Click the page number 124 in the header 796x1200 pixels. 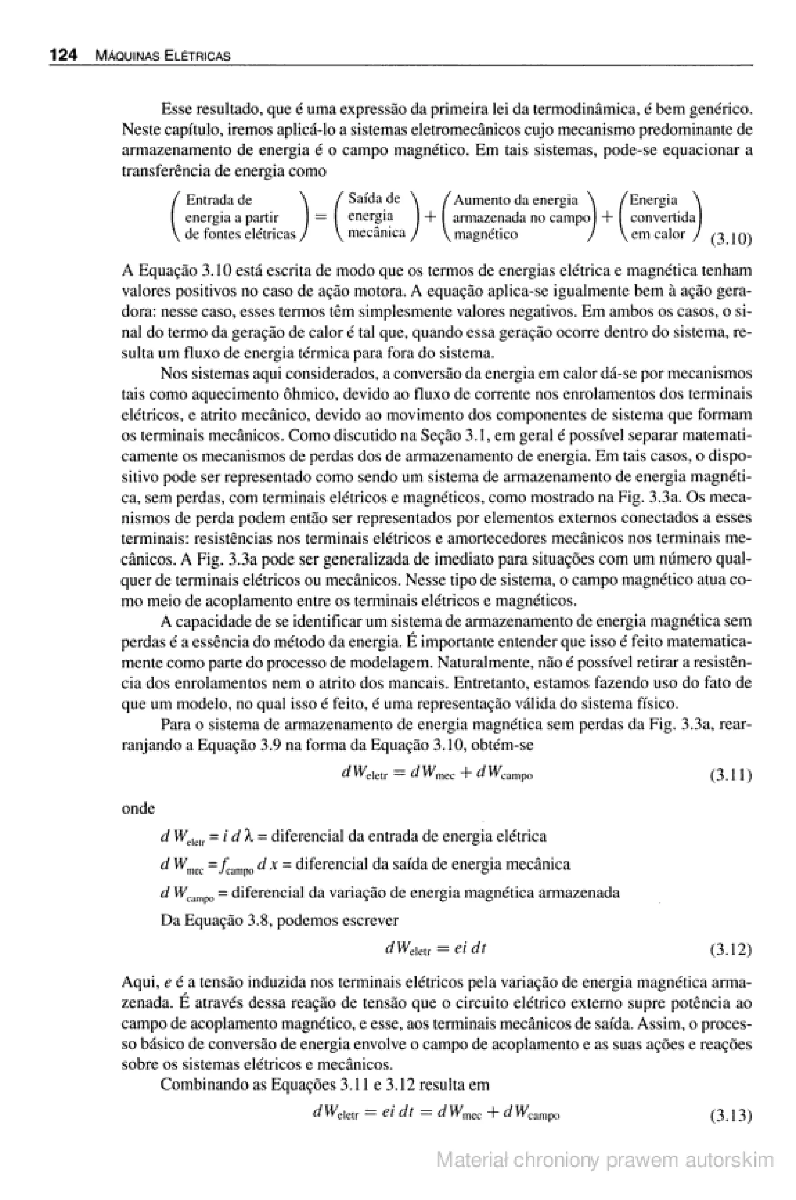tap(63, 55)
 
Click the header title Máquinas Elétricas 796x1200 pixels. tap(162, 56)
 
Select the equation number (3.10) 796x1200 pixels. tap(730, 239)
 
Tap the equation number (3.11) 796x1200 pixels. tap(730, 775)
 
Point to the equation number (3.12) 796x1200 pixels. tap(730, 950)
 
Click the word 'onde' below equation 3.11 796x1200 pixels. tap(138, 808)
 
